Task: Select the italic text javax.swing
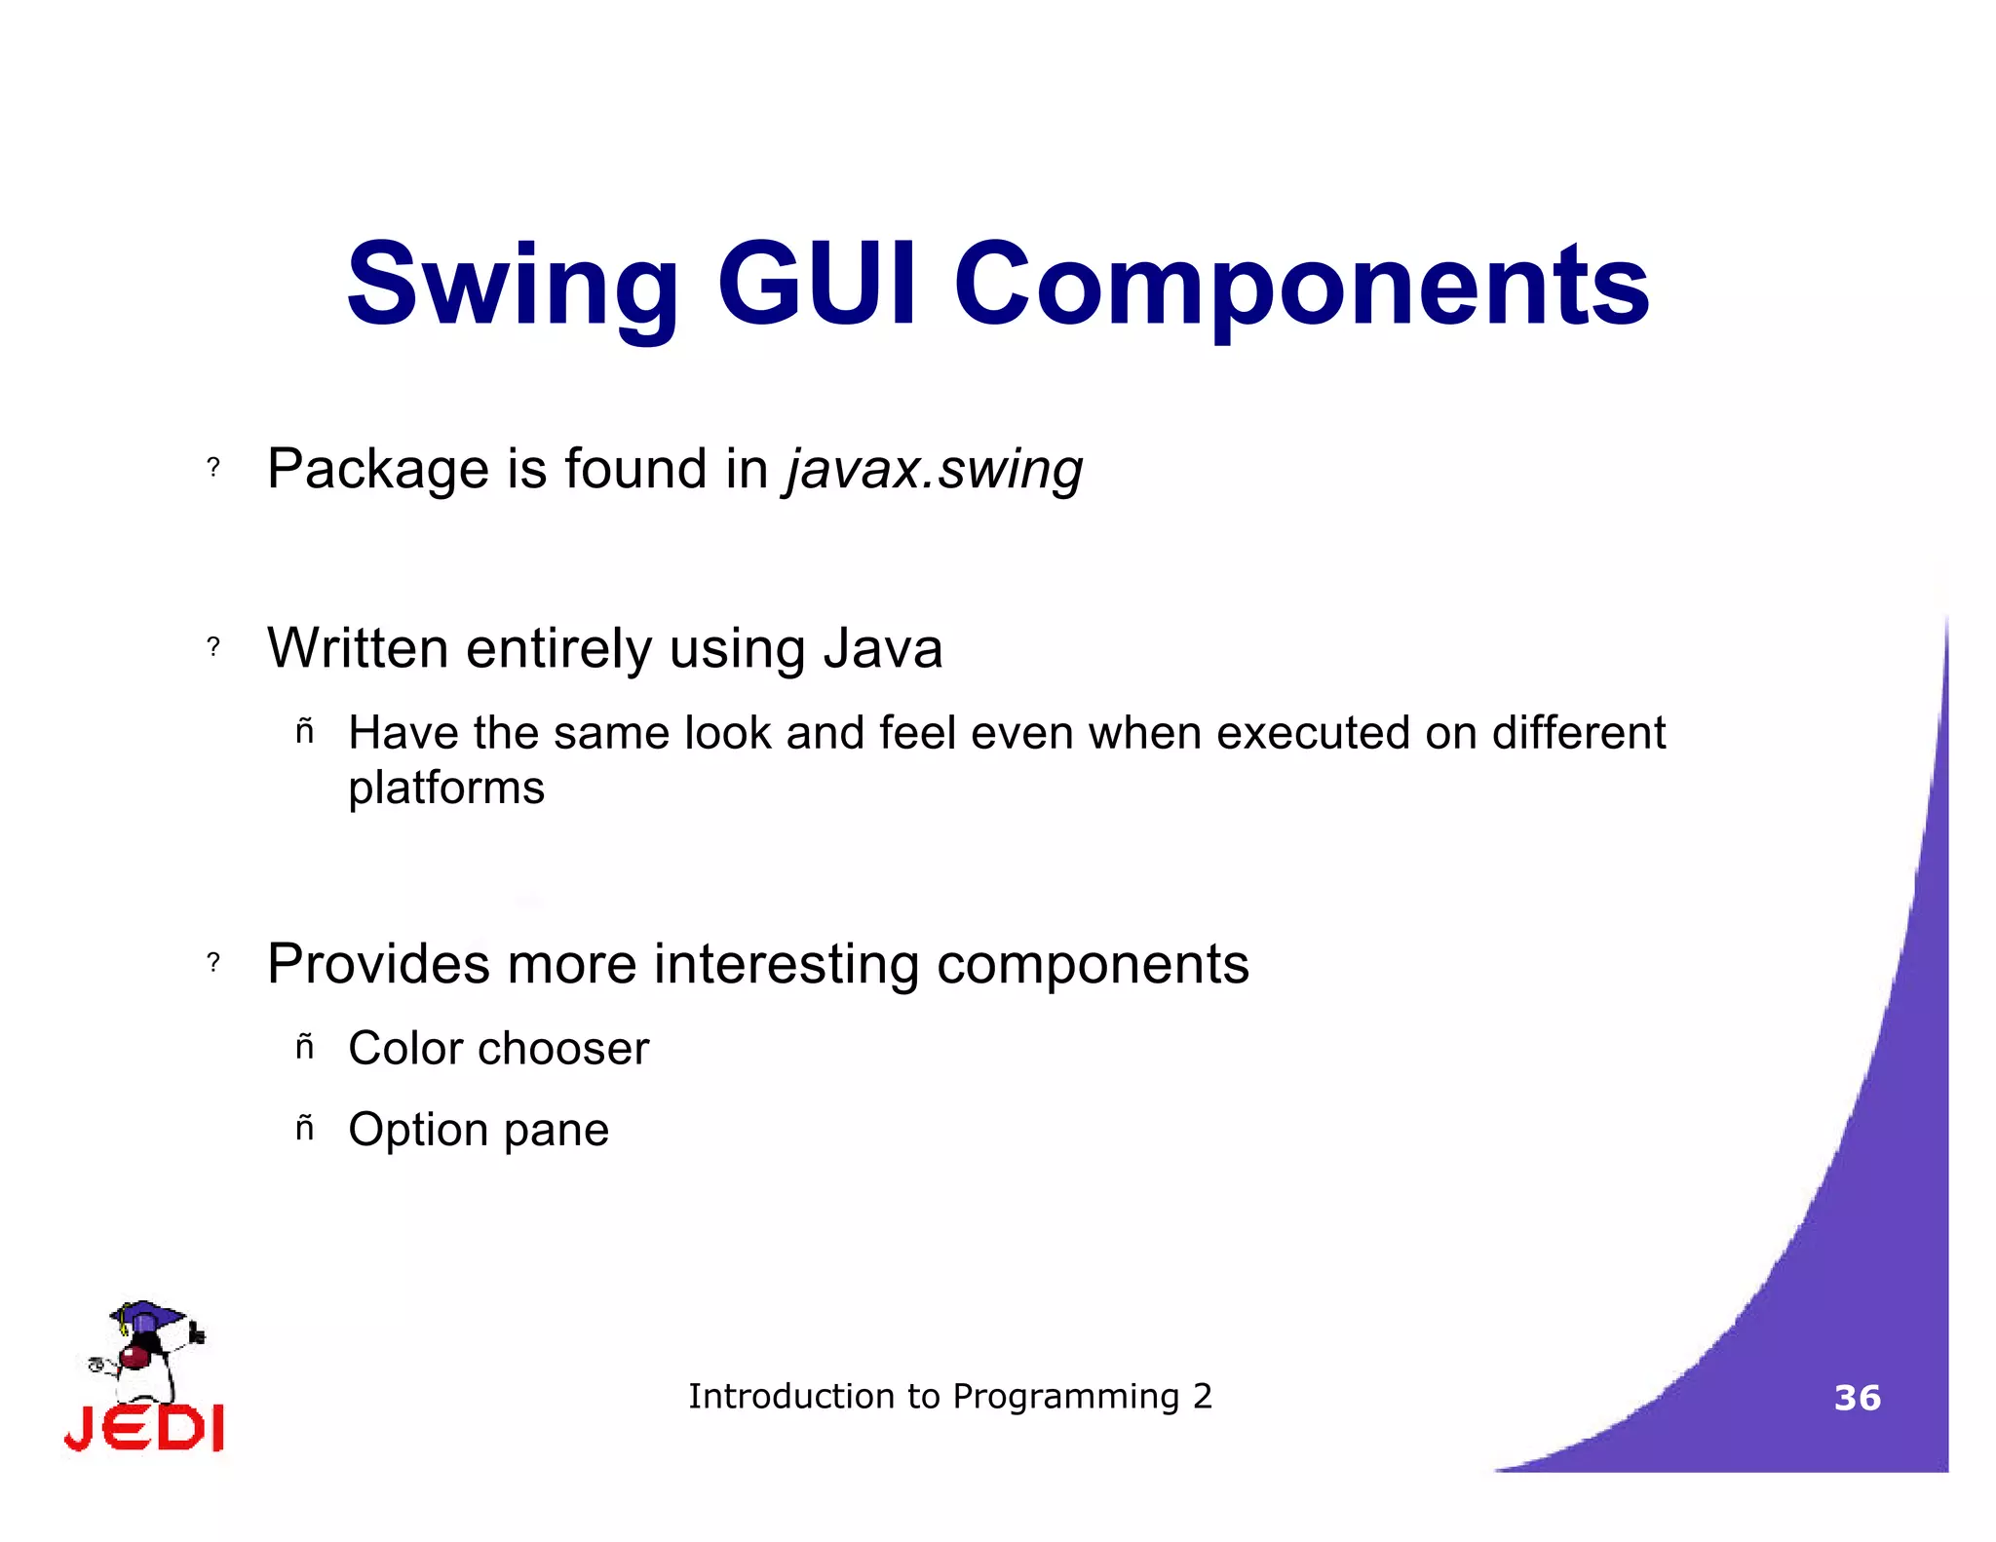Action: pyautogui.click(x=934, y=470)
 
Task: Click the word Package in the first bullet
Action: pyautogui.click(x=378, y=470)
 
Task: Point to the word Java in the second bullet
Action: pyautogui.click(x=883, y=648)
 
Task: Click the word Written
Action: pyautogui.click(x=358, y=648)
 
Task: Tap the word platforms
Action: pyautogui.click(x=446, y=789)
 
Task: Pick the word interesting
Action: pyautogui.click(x=786, y=964)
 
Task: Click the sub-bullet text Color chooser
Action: pyautogui.click(x=498, y=1049)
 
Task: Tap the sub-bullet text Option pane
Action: pyautogui.click(x=479, y=1131)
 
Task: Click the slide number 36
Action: pyautogui.click(x=1857, y=1398)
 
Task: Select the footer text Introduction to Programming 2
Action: pyautogui.click(x=950, y=1397)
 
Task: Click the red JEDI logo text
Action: pyautogui.click(x=145, y=1429)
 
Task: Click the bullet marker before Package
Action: pyautogui.click(x=213, y=468)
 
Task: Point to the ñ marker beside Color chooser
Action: pyautogui.click(x=305, y=1047)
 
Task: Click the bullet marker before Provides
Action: pyautogui.click(x=213, y=963)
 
